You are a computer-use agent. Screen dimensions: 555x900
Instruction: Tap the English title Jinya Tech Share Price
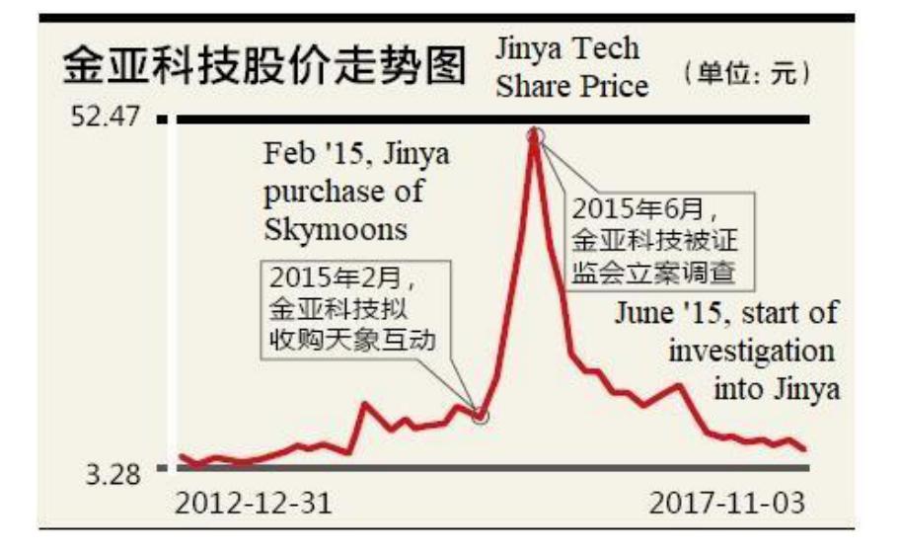[571, 67]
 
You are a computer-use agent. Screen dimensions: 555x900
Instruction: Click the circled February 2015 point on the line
[481, 415]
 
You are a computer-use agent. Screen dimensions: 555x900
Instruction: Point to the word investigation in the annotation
[751, 352]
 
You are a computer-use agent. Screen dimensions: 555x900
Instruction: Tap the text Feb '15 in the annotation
[301, 155]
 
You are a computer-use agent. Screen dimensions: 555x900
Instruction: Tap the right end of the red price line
[805, 449]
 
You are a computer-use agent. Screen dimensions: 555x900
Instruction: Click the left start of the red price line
[181, 456]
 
